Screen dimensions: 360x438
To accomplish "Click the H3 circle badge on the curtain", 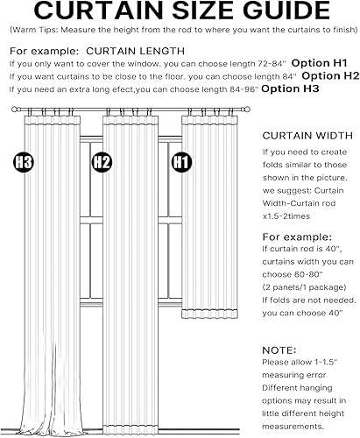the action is (x=24, y=162).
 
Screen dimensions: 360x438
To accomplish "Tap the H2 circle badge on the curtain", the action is (x=102, y=162).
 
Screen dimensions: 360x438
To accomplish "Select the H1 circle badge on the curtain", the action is (x=181, y=162).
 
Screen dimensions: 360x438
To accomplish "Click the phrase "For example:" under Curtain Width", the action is (x=296, y=237).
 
